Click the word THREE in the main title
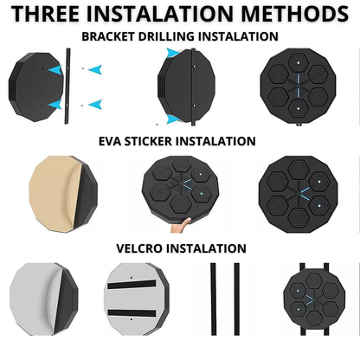tap(46, 14)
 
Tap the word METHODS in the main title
tap(295, 14)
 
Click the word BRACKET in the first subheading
tap(108, 36)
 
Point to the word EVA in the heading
tap(110, 141)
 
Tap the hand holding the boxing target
tap(181, 225)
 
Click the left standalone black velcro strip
tap(213, 299)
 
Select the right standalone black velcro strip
tap(236, 299)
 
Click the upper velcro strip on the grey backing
tap(132, 284)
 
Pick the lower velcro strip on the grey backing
tap(132, 313)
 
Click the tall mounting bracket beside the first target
tap(67, 86)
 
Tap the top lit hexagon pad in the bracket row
tap(299, 62)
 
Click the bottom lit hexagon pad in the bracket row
tap(299, 108)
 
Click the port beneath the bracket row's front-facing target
tap(299, 125)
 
